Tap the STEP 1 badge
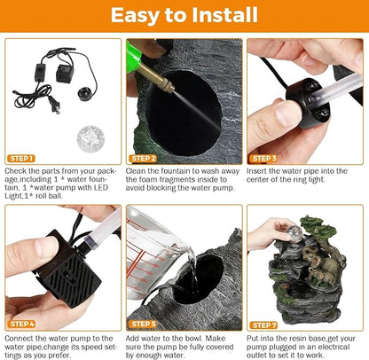[21, 159]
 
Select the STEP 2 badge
[143, 159]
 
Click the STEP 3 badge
[263, 159]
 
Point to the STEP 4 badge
[21, 324]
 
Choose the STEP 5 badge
[143, 324]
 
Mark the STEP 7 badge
[263, 325]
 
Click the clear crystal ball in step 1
[90, 139]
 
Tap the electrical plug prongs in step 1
[55, 106]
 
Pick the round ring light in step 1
[85, 93]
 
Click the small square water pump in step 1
[65, 74]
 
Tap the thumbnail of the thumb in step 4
[43, 247]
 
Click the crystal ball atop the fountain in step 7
[294, 231]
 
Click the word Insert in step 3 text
[256, 171]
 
